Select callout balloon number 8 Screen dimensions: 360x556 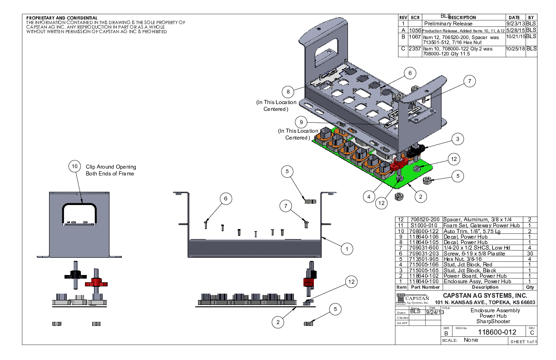tap(288, 91)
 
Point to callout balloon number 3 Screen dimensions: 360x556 tap(458, 139)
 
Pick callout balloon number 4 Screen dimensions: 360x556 tap(369, 197)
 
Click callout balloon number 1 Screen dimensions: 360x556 tap(347, 249)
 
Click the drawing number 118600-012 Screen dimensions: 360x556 tap(490, 332)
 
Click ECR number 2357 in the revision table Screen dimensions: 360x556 tap(414, 49)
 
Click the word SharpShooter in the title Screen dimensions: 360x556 tap(489, 321)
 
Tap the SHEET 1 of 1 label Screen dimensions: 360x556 tap(524, 342)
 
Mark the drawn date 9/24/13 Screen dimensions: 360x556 tap(435, 312)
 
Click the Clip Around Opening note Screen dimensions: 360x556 tap(111, 167)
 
